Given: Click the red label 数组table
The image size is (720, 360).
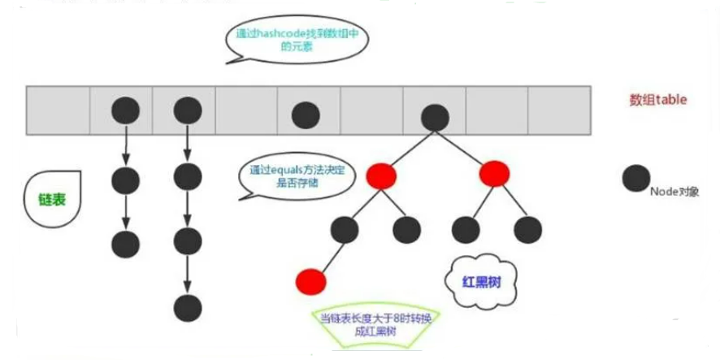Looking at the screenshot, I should pyautogui.click(x=658, y=100).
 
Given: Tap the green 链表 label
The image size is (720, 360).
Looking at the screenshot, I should pyautogui.click(x=52, y=200).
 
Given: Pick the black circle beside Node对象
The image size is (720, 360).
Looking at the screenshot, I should pyautogui.click(x=635, y=180).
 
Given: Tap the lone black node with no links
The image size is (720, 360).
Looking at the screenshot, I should pyautogui.click(x=305, y=115).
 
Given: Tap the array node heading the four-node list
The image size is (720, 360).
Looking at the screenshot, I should pyautogui.click(x=187, y=110).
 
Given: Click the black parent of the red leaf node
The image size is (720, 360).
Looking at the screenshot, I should pyautogui.click(x=346, y=230).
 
